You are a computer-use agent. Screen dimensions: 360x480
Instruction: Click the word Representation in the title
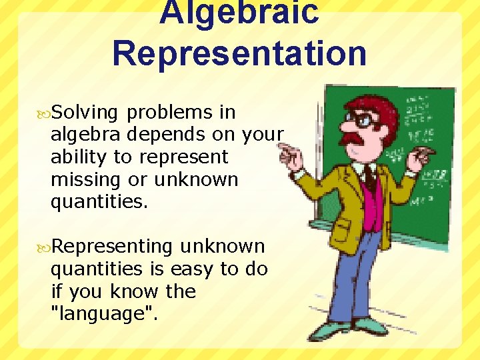point(239,53)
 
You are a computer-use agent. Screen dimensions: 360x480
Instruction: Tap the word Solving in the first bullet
point(85,112)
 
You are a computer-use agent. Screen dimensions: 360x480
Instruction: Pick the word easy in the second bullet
point(193,269)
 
